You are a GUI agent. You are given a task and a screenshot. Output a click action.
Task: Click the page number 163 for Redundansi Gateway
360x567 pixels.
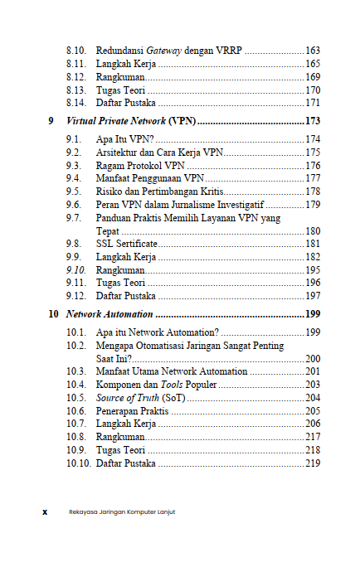(x=313, y=50)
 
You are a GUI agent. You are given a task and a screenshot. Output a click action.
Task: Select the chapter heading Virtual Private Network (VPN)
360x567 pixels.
(x=131, y=120)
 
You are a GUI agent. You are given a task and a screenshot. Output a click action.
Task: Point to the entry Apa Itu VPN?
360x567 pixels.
(x=119, y=139)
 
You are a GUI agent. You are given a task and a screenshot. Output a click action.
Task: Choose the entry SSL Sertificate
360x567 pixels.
(x=125, y=244)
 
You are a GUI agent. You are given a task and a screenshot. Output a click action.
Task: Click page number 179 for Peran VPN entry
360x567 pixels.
(x=313, y=204)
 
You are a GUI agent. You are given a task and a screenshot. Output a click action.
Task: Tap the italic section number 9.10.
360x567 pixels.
(x=75, y=270)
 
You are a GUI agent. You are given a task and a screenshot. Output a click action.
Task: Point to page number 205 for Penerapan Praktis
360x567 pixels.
(x=313, y=411)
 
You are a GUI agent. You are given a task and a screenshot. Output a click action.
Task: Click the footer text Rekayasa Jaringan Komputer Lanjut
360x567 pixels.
(x=122, y=511)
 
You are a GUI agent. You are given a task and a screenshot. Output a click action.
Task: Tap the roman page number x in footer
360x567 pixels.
(x=45, y=511)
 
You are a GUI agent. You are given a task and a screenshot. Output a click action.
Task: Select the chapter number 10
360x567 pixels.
(x=53, y=314)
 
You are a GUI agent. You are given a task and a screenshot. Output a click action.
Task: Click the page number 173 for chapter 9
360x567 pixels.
(x=313, y=120)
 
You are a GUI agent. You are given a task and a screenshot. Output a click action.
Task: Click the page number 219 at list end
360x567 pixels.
(x=313, y=463)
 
